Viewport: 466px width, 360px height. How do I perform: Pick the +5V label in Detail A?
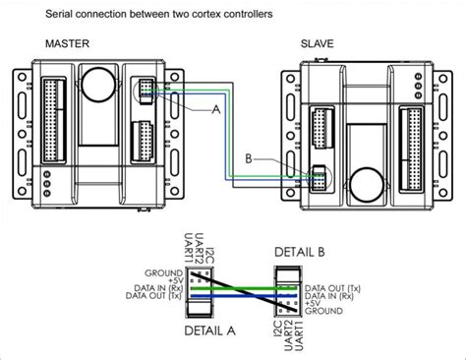[164, 279]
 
